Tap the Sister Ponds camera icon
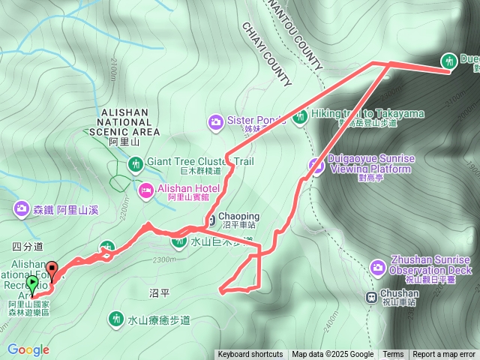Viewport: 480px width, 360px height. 215,121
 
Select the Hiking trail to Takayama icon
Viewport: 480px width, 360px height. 301,116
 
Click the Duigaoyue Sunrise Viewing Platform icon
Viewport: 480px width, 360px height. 316,166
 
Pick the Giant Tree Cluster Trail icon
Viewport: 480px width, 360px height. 135,163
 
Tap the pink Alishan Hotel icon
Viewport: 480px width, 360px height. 145,190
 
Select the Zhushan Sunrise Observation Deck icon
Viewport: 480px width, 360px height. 378,267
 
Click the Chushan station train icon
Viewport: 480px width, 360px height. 370,297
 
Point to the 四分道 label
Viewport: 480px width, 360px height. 28,245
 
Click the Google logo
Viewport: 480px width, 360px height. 28,349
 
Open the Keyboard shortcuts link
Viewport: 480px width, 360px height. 250,355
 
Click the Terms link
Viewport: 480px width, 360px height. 393,355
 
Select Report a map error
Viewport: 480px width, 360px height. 444,355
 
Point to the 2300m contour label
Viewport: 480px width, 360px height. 163,259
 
